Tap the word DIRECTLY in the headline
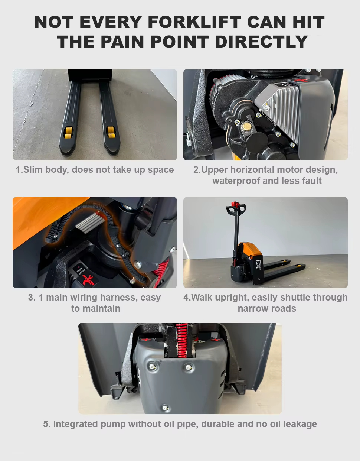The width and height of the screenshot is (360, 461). click(261, 42)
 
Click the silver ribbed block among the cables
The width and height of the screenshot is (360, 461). click(89, 222)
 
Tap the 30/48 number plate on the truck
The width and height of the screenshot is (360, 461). click(258, 264)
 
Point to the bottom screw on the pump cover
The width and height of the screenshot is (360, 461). click(166, 408)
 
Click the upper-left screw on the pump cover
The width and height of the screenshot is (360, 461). click(153, 367)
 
